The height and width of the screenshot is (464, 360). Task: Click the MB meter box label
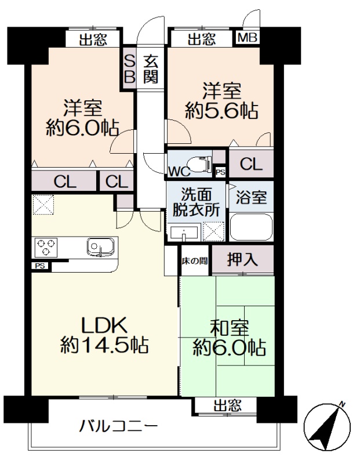coord(248,38)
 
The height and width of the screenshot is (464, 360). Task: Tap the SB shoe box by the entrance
coord(129,69)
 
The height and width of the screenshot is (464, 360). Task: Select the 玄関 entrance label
coord(151,70)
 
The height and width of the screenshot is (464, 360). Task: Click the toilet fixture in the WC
coord(199,164)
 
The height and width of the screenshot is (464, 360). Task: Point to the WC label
coord(179,171)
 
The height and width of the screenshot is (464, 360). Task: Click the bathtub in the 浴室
coord(251,227)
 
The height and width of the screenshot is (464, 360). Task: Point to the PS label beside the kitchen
coord(40,266)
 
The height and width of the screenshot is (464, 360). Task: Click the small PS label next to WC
coord(220,172)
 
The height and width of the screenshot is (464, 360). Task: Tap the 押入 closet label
coord(242,259)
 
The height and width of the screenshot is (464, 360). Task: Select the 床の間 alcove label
coord(195,261)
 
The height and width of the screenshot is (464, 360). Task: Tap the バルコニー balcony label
coord(118,427)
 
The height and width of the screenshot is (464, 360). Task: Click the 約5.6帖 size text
coord(221,111)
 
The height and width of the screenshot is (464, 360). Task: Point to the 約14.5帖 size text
coord(104,345)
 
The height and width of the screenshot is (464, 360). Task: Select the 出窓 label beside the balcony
coord(227,405)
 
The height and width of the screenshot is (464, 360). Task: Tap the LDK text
coord(104,325)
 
